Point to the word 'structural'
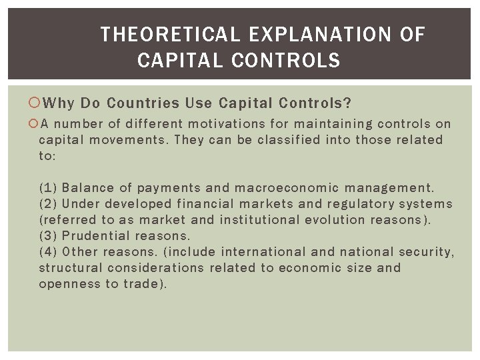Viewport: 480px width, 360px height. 70,268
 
